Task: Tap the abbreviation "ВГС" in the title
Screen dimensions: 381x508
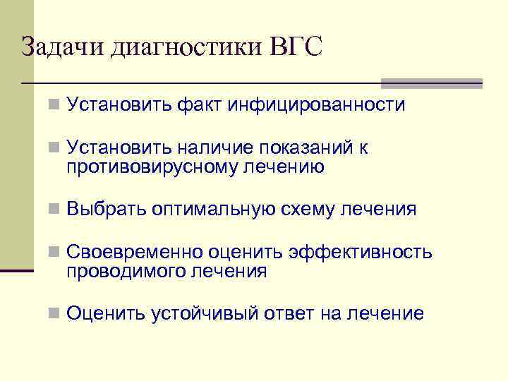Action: pos(296,47)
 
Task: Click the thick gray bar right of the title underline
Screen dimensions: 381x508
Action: pos(431,83)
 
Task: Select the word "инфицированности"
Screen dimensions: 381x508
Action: pos(316,105)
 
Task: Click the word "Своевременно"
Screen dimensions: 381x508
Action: pos(135,253)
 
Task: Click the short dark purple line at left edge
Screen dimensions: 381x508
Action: pos(17,270)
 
